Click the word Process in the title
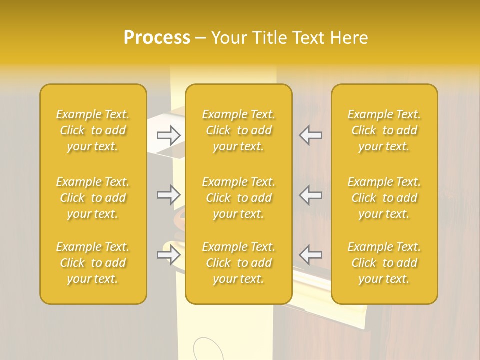(157, 38)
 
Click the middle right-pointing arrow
(169, 194)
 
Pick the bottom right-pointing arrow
(169, 255)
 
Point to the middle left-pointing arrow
(311, 194)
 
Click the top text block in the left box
(93, 130)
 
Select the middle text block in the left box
(93, 198)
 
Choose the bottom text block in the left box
(93, 263)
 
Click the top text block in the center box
(238, 130)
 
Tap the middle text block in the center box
(238, 198)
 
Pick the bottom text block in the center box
(238, 263)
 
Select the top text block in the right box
(384, 130)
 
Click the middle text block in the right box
(384, 198)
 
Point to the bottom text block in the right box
(384, 263)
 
